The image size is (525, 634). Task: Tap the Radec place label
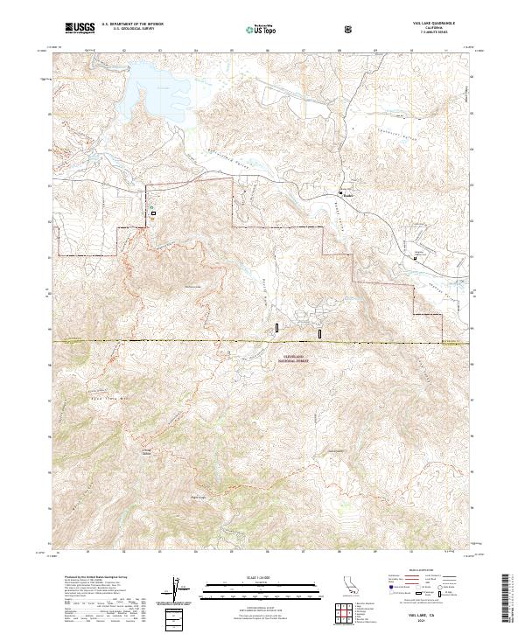[348, 195]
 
